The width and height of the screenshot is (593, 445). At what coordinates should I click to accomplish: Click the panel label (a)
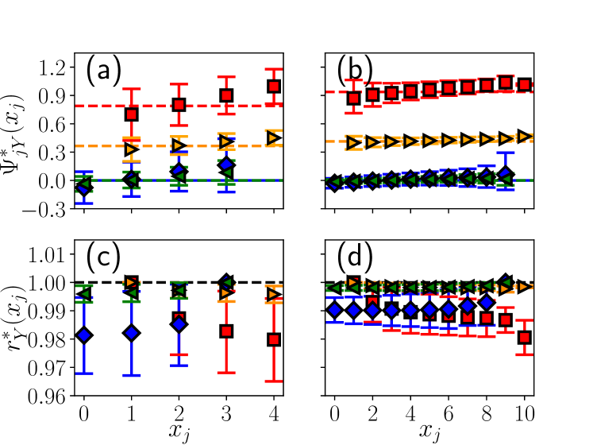[x=103, y=72]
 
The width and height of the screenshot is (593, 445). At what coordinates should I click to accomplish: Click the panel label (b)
[x=354, y=72]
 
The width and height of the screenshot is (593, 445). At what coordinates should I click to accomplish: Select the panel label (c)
[x=103, y=261]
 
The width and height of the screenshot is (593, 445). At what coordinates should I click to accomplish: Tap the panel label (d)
[x=354, y=261]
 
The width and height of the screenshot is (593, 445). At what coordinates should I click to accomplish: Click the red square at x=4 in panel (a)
[x=274, y=87]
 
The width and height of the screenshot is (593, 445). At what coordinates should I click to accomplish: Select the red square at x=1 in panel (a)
[x=132, y=114]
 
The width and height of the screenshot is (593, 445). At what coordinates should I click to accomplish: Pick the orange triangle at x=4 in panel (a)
[x=274, y=137]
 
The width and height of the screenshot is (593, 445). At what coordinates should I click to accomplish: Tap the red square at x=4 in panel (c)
[x=274, y=339]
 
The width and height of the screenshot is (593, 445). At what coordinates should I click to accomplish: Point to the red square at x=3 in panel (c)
[x=226, y=331]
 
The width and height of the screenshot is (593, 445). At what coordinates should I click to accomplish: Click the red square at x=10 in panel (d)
[x=524, y=337]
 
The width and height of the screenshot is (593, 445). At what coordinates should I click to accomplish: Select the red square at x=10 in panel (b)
[x=524, y=85]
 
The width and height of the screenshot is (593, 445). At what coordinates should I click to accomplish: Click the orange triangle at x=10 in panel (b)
[x=524, y=136]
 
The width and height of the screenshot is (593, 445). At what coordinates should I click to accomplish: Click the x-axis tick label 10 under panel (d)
[x=524, y=414]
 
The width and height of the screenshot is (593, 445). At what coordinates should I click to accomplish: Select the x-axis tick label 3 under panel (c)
[x=226, y=414]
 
